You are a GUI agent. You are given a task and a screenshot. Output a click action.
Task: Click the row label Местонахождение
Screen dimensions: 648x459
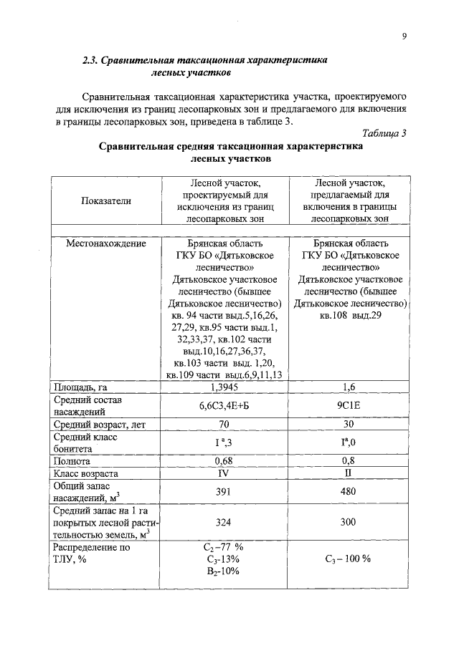106,243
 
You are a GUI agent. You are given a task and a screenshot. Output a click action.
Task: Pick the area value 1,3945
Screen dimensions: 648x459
225,387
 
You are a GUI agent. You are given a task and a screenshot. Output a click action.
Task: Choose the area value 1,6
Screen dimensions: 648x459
349,387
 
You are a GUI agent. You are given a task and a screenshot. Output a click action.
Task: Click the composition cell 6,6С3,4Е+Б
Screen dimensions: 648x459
225,406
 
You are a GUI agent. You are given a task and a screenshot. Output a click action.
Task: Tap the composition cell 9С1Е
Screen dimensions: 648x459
349,406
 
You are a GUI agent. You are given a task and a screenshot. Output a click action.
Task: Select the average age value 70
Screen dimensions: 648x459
225,425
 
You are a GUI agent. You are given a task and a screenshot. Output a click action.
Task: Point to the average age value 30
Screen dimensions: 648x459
349,425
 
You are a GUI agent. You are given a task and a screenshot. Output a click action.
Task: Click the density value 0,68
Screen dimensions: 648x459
225,461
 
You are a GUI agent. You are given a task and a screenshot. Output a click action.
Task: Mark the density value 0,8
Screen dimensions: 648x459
349,461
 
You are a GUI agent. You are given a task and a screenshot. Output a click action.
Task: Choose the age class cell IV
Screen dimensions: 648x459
225,473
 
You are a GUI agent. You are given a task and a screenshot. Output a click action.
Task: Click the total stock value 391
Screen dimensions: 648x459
225,492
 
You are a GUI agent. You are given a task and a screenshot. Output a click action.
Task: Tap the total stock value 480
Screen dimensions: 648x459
349,492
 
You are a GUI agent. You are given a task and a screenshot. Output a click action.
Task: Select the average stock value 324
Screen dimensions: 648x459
225,523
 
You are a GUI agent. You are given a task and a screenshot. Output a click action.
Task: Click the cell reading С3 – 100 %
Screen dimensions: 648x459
349,558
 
